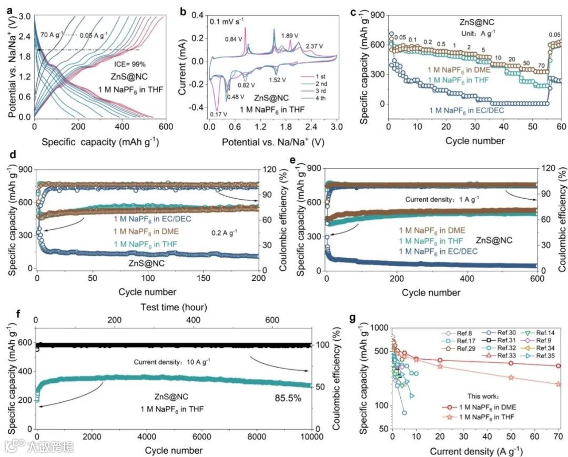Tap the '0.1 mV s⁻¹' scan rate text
[228, 22]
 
